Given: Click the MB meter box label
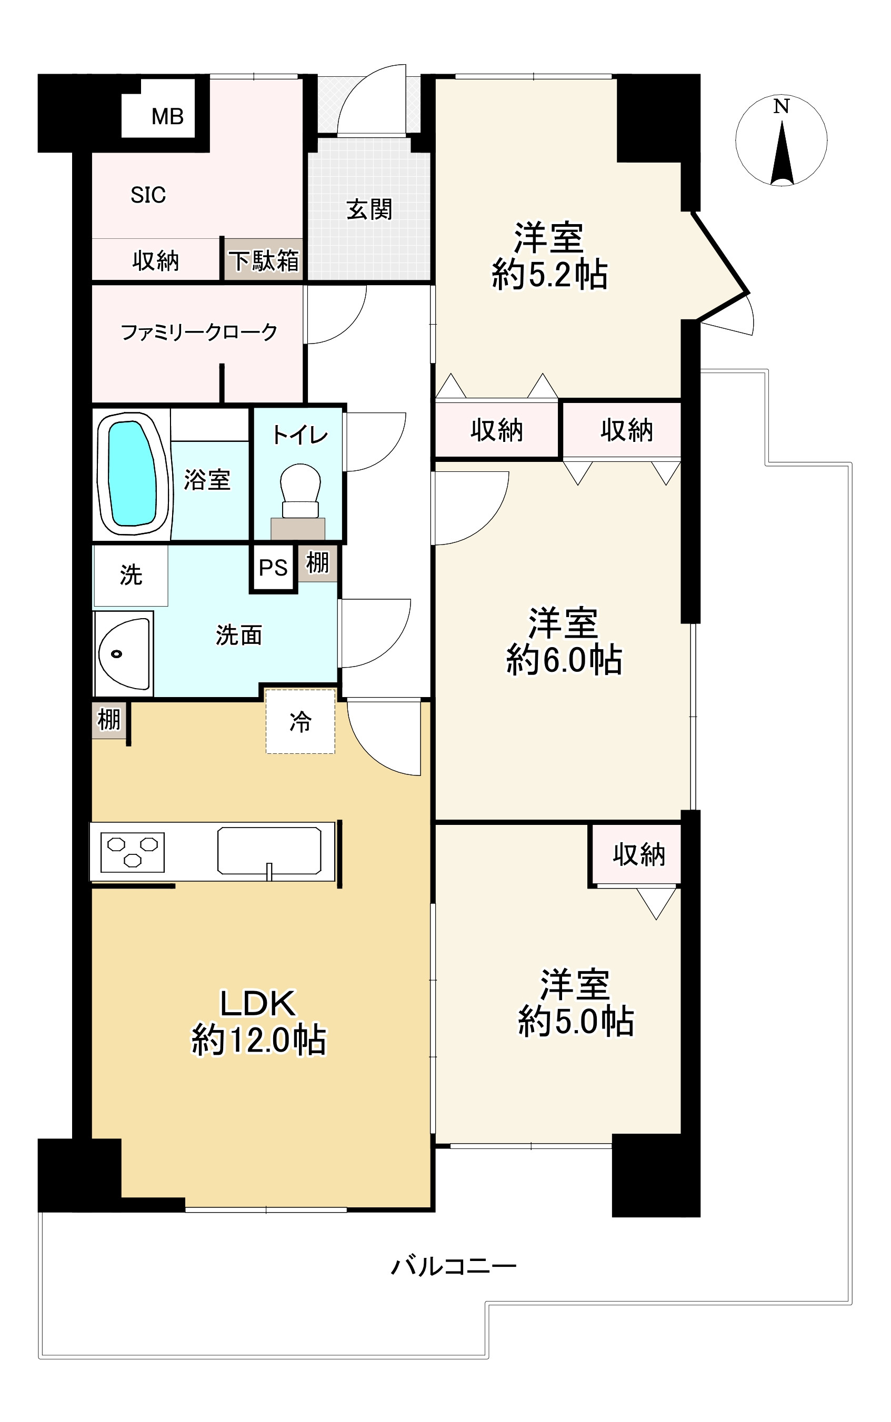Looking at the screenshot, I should pyautogui.click(x=167, y=117).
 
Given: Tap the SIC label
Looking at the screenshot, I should pyautogui.click(x=148, y=195).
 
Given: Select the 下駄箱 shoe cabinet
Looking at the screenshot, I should pyautogui.click(x=264, y=260).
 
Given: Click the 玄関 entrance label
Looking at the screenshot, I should pyautogui.click(x=369, y=209).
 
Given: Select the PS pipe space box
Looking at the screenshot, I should pyautogui.click(x=273, y=568).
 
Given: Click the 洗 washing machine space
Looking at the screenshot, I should pyautogui.click(x=131, y=575).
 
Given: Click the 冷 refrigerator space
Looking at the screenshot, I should pyautogui.click(x=301, y=722).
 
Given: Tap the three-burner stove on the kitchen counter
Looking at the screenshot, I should pyautogui.click(x=133, y=852).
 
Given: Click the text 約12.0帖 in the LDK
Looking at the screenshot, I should pyautogui.click(x=259, y=1040).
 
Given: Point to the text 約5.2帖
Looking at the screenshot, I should pyautogui.click(x=549, y=275).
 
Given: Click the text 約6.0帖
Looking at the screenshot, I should pyautogui.click(x=564, y=659).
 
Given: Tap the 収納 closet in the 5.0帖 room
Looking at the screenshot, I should pyautogui.click(x=638, y=854).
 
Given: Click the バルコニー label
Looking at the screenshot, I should pyautogui.click(x=454, y=1265).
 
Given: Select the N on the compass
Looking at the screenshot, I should pyautogui.click(x=781, y=107).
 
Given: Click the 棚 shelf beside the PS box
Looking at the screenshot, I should pyautogui.click(x=317, y=562).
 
